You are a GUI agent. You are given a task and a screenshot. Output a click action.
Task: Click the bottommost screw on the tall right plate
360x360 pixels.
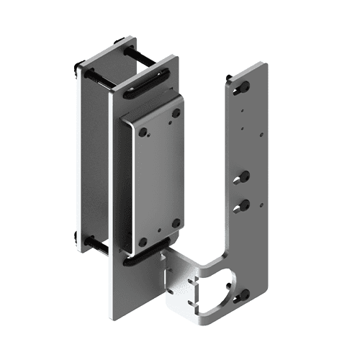(x=240, y=294)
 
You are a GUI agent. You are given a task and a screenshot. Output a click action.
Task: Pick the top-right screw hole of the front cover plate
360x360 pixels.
(x=175, y=113)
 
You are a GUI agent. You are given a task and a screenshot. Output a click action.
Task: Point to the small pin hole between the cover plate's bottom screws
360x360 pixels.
(x=159, y=234)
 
